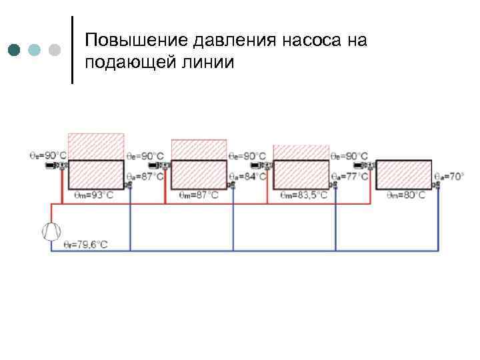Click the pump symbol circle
51,231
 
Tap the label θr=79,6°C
85,245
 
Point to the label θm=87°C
198,195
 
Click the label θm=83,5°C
304,195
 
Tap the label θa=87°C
145,176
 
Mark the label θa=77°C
351,176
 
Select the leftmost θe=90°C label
47,155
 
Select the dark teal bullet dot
15,50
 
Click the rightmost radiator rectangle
404,175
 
